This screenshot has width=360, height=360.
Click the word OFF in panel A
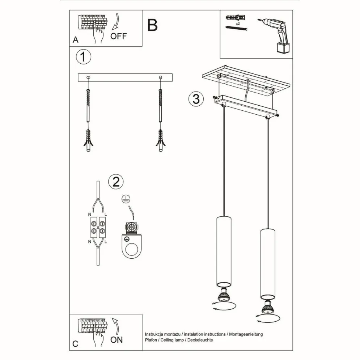coord(119,36)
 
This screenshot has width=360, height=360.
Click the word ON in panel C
coord(117,339)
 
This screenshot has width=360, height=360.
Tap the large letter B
coord(153,25)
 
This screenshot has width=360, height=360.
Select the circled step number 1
coord(84,57)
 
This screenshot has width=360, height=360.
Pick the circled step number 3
coord(196,99)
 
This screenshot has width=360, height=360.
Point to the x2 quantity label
coord(238,23)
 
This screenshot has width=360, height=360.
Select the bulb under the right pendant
coord(268,307)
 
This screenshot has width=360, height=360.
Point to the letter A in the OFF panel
coord(75,40)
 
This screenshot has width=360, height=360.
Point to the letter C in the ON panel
coord(75,344)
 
